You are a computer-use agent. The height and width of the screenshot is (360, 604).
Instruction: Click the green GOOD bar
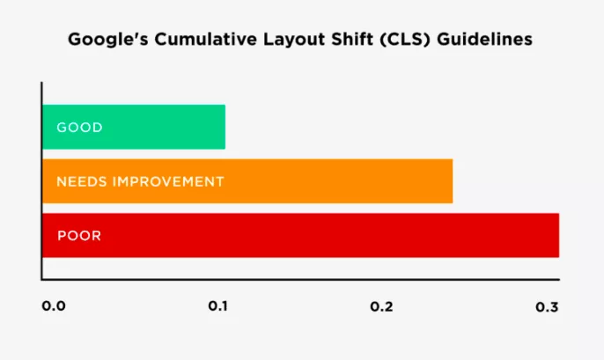tap(134, 127)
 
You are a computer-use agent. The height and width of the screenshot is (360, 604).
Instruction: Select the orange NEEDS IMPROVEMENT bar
tap(247, 181)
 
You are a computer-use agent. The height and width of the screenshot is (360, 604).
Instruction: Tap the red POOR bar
tap(300, 235)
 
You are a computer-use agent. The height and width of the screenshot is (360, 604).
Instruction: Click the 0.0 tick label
tap(54, 306)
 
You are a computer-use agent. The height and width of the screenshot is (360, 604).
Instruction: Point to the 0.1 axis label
tap(218, 306)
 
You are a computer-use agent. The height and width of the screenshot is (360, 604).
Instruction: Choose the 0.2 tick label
tap(381, 306)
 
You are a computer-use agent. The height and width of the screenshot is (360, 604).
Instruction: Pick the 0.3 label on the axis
tap(547, 307)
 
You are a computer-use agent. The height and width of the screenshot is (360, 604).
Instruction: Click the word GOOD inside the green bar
tap(80, 128)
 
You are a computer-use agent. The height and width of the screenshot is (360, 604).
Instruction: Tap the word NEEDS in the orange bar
tap(82, 181)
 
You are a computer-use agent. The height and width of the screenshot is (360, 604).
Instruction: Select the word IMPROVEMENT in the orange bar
tap(168, 181)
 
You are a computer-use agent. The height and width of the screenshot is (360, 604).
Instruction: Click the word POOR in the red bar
tap(79, 236)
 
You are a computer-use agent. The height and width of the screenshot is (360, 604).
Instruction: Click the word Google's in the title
tap(108, 40)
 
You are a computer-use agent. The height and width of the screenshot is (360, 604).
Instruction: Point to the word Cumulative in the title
tap(206, 39)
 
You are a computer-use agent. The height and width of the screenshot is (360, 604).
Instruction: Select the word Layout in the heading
tap(294, 40)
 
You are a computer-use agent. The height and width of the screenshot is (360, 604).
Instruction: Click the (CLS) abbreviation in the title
tap(404, 40)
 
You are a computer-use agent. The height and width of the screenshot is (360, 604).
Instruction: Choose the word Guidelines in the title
tap(484, 39)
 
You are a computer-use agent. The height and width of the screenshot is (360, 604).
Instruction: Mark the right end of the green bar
tap(225, 127)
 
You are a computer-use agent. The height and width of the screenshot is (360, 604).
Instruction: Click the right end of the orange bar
tap(453, 181)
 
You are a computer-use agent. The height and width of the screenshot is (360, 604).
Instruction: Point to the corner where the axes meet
tap(41, 279)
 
